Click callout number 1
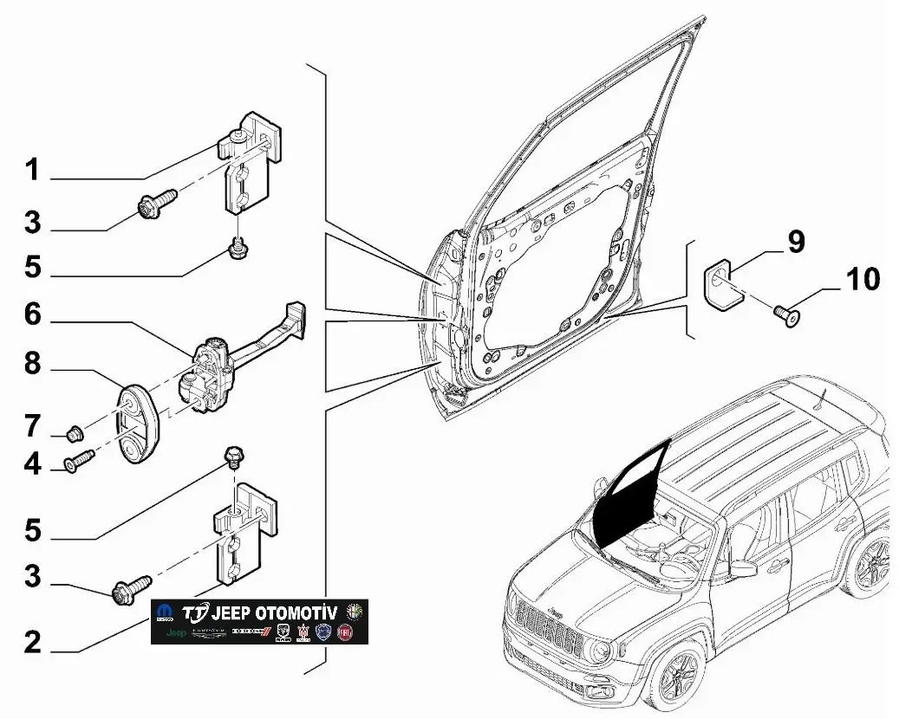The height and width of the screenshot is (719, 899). tap(32, 171)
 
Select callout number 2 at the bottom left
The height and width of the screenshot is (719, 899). tap(32, 642)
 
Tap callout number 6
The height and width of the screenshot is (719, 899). tap(32, 315)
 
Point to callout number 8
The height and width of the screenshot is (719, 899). tap(32, 364)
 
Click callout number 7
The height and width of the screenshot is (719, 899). tap(32, 426)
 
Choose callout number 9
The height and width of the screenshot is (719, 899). tap(796, 242)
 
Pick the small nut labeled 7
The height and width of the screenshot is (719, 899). tap(75, 431)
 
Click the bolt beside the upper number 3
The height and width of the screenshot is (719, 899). tap(154, 204)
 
